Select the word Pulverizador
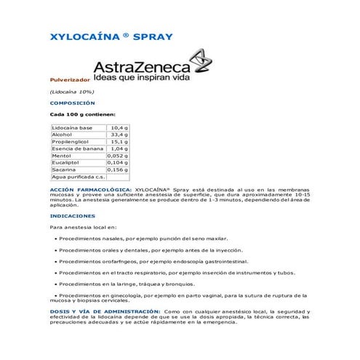pos(69,79)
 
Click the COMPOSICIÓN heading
pos(72,103)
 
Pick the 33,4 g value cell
pos(119,135)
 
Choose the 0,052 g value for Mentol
pos(117,156)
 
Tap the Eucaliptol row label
pos(66,163)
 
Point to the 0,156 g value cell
pos(117,169)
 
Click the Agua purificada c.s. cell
pos(79,177)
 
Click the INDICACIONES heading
pos(72,216)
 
